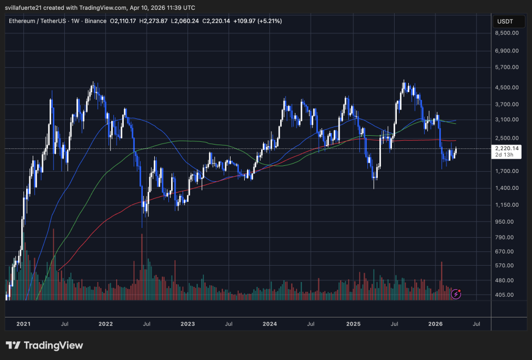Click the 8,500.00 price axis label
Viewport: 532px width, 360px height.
[x=507, y=33]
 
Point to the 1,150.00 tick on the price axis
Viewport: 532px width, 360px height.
[x=507, y=205]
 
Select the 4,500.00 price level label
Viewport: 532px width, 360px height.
[x=507, y=87]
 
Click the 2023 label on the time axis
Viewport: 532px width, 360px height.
[x=188, y=324]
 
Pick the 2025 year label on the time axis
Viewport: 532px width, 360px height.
[x=353, y=324]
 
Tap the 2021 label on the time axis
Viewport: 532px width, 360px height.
[x=23, y=324]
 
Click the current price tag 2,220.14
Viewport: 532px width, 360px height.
[x=507, y=148]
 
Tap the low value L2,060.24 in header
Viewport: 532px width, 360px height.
[x=186, y=21]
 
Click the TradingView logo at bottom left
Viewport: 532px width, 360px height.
[x=44, y=345]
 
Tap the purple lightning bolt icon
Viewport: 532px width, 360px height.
[x=457, y=295]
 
